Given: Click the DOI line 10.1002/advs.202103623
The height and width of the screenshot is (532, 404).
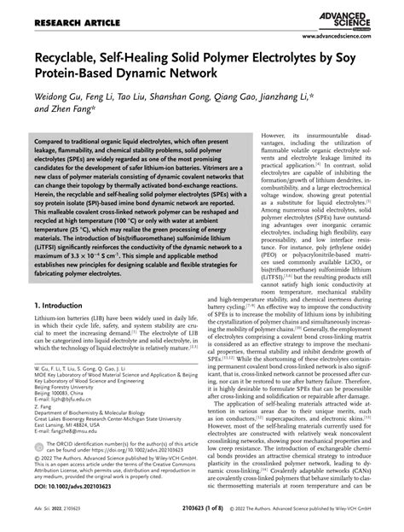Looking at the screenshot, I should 78,499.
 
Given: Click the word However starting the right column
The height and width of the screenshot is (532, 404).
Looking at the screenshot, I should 272,136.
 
